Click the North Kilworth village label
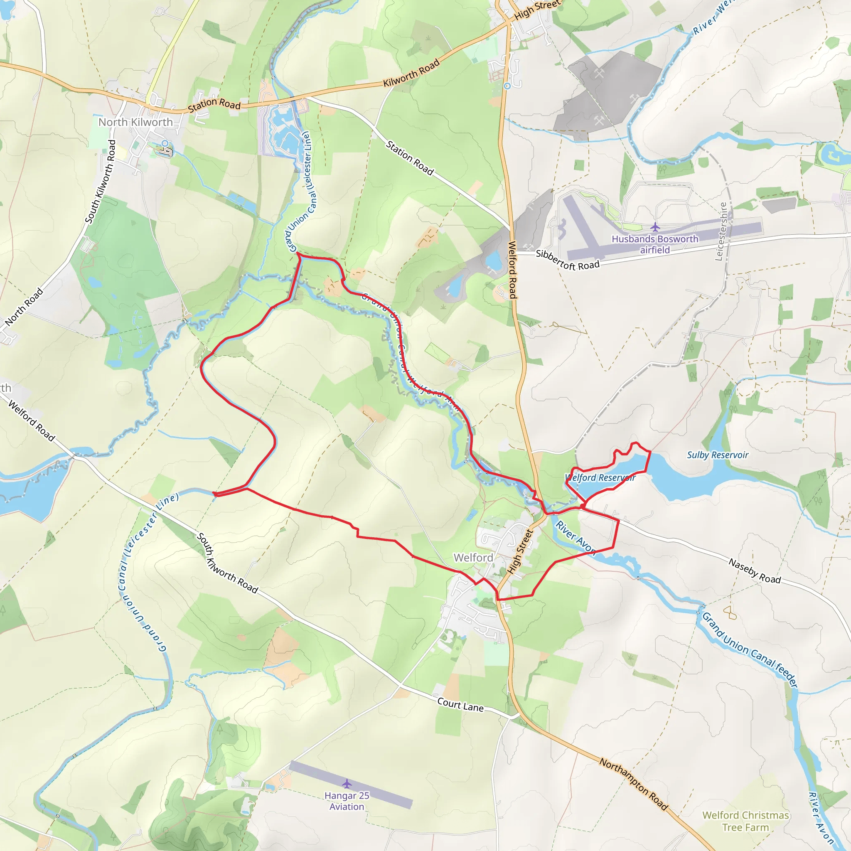click(x=135, y=122)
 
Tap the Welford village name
click(x=474, y=558)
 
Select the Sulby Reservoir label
click(x=718, y=455)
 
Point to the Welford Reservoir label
click(x=600, y=478)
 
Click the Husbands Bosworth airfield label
click(x=655, y=244)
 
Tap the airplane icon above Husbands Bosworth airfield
click(x=655, y=227)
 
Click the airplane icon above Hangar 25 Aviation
click(x=347, y=784)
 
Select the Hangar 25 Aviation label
click(x=347, y=801)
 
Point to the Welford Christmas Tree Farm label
click(x=746, y=821)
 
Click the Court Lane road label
click(x=460, y=704)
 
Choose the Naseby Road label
click(x=755, y=571)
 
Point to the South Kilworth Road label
click(x=100, y=182)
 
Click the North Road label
click(x=24, y=307)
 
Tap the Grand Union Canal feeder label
click(x=749, y=650)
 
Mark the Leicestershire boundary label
click(x=721, y=231)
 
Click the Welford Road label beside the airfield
click(x=512, y=270)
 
